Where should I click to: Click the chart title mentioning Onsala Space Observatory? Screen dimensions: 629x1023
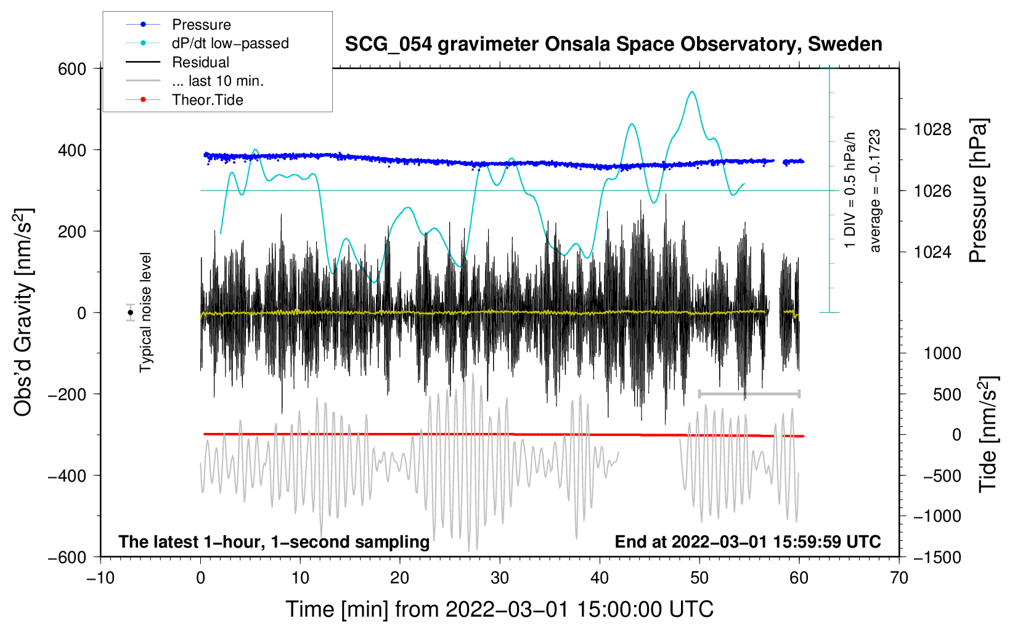(x=613, y=44)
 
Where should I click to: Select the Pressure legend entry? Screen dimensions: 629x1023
(x=201, y=25)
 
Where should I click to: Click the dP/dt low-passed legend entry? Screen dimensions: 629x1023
(x=230, y=43)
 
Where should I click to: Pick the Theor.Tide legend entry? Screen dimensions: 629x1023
(x=207, y=100)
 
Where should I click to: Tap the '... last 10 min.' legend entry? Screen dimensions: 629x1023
(x=218, y=81)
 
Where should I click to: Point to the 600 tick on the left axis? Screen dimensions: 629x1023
(x=72, y=68)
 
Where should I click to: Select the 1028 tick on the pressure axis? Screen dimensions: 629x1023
(x=932, y=129)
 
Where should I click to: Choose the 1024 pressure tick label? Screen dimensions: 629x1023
(x=932, y=252)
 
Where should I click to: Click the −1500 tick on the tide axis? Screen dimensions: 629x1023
(x=937, y=557)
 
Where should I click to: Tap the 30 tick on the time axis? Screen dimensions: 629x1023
(x=500, y=578)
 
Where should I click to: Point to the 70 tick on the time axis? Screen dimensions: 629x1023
(x=899, y=578)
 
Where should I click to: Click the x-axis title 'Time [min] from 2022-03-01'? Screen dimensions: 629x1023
(x=500, y=609)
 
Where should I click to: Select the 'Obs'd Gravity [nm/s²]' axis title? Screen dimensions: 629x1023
(x=23, y=313)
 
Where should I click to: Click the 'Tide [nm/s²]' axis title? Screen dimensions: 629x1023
(x=988, y=435)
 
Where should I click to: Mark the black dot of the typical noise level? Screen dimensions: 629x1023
(x=131, y=313)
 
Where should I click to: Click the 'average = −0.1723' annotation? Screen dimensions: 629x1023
(x=875, y=191)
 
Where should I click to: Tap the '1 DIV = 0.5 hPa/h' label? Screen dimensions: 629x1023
(x=850, y=190)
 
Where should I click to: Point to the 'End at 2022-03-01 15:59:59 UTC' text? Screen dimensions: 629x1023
(x=748, y=541)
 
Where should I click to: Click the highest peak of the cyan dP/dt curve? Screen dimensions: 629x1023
(x=692, y=92)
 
